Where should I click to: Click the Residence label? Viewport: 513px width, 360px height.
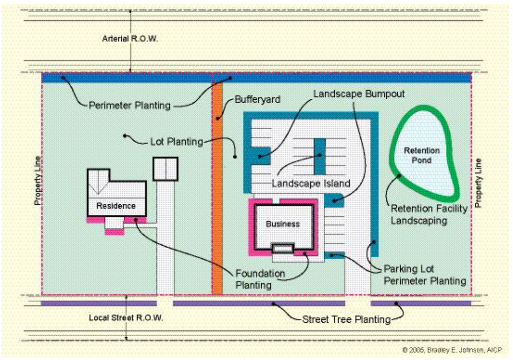116,206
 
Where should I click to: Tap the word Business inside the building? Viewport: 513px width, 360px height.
283,224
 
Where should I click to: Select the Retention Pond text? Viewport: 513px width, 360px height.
422,155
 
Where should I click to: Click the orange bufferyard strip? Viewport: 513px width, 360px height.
218,188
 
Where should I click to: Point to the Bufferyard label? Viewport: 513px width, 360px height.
257,99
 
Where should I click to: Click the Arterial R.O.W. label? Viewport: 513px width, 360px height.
130,39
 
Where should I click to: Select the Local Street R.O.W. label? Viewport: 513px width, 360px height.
126,318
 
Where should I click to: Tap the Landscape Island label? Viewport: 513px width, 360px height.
311,183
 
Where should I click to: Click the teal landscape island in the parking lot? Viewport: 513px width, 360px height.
319,156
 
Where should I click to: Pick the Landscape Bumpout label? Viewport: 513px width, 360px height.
359,94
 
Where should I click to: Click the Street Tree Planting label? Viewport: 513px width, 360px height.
347,319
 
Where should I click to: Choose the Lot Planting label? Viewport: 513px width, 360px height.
177,142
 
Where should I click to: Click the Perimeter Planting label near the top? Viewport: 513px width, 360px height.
130,105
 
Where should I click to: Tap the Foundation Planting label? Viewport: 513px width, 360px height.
260,279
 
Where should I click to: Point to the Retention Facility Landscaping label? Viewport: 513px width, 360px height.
429,215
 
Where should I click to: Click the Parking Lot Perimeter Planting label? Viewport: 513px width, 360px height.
425,275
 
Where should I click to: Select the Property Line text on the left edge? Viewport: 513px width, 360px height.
38,181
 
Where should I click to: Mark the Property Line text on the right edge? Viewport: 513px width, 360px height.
478,183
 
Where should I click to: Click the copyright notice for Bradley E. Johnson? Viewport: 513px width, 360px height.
452,350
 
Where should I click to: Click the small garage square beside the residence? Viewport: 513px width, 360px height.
166,169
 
